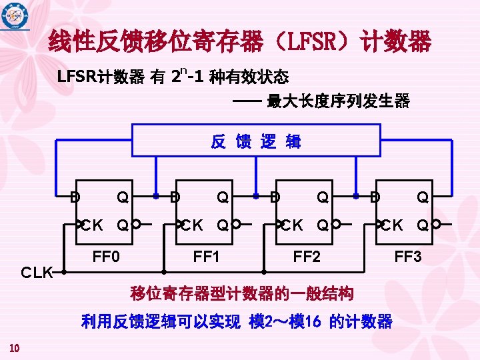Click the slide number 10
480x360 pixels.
coord(14,347)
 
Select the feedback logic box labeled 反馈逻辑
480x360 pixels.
coord(257,141)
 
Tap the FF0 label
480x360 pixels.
coord(106,255)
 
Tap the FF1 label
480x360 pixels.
coord(206,255)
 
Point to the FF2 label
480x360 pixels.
coord(307,255)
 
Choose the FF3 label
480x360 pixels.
coord(408,255)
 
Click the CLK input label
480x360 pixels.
coord(37,273)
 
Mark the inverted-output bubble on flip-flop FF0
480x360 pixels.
coord(136,224)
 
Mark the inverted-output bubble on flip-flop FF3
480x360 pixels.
coord(436,224)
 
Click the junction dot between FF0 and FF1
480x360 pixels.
coord(155,197)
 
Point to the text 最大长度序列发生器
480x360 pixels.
coord(338,101)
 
